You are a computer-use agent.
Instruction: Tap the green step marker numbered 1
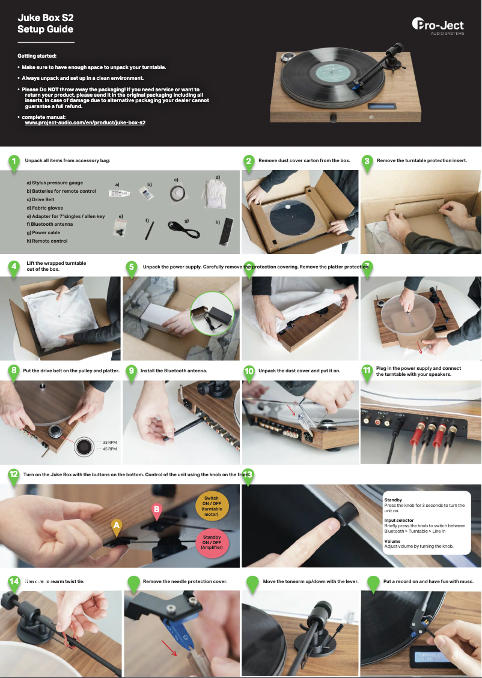pyautogui.click(x=13, y=161)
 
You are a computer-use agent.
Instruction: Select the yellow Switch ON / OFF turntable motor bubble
pyautogui.click(x=211, y=507)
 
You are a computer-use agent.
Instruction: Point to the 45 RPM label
pyautogui.click(x=109, y=449)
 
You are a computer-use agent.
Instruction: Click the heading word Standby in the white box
pyautogui.click(x=393, y=500)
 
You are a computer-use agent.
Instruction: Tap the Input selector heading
pyautogui.click(x=398, y=520)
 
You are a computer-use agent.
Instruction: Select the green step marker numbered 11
pyautogui.click(x=367, y=371)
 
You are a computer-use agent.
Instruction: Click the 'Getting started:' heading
pyautogui.click(x=37, y=56)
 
